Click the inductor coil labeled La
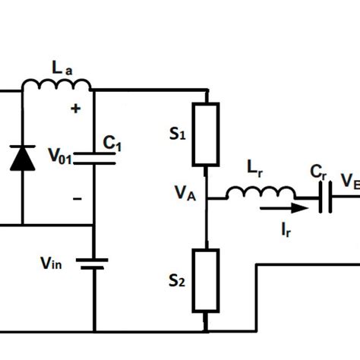(56, 84)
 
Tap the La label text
(62, 67)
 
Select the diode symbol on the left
(22, 157)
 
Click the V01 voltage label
(61, 157)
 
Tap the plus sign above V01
(75, 109)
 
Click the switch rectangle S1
(207, 134)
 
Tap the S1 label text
(177, 135)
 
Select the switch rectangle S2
(207, 279)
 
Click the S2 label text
(177, 282)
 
